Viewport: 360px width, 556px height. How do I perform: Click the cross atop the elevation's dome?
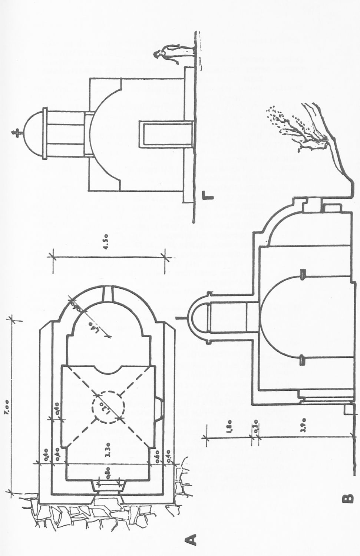[15, 132]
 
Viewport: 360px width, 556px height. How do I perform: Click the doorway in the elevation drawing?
[165, 133]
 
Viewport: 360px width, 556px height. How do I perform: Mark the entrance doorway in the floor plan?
[107, 486]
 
